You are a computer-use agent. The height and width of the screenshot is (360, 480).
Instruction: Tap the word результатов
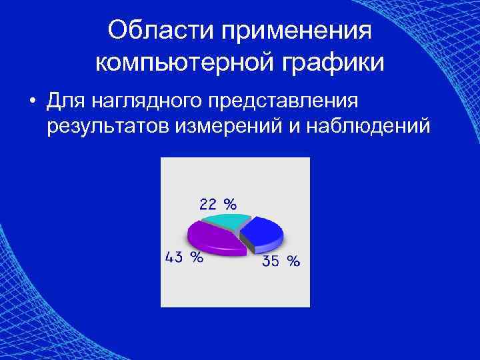(x=109, y=126)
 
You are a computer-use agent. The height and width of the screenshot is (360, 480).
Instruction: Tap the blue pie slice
(x=261, y=233)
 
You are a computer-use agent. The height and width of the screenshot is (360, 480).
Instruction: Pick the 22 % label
(x=217, y=203)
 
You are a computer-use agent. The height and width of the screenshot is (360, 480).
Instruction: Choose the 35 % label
(x=281, y=261)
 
